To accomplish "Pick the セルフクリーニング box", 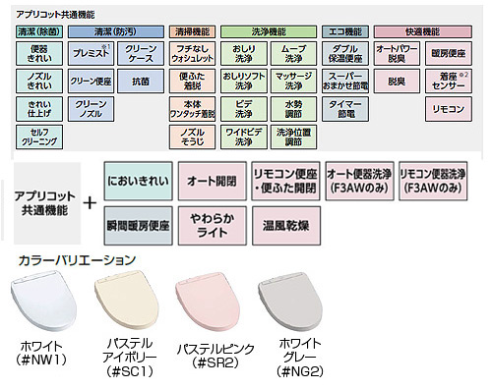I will click(x=38, y=137).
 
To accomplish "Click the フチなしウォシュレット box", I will click(x=194, y=53).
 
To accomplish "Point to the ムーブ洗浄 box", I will click(x=293, y=53).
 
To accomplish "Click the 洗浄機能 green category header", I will click(x=268, y=31).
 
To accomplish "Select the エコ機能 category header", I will click(x=346, y=31).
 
